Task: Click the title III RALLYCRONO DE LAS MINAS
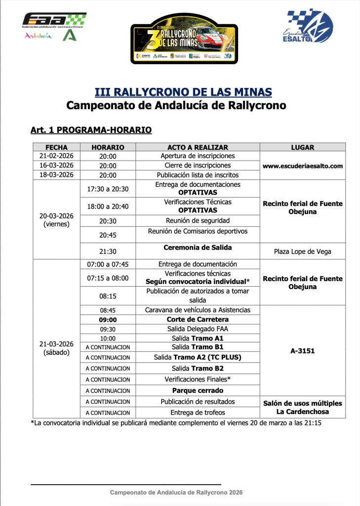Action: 183,92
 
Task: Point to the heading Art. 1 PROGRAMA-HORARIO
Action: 91,130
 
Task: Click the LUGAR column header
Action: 303,147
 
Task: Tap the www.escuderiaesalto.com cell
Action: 303,166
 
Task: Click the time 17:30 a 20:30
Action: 108,189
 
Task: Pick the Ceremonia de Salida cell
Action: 198,248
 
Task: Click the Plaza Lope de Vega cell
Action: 303,252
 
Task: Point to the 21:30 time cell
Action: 108,252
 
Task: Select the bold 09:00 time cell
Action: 108,320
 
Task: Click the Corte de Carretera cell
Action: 198,320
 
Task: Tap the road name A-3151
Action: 303,352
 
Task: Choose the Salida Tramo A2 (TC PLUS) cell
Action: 198,357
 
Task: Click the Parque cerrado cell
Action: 198,390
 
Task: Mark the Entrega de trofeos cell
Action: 198,413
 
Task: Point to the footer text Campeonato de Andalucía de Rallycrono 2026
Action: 176,493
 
